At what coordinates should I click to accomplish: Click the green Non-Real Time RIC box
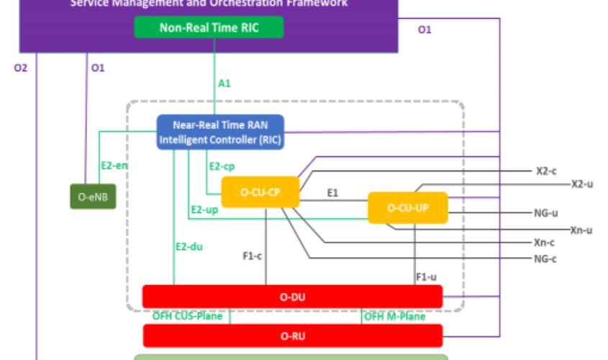point(209,27)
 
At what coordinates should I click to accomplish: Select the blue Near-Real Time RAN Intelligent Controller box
point(221,132)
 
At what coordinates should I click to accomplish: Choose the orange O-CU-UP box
point(408,207)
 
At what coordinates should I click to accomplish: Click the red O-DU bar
point(292,297)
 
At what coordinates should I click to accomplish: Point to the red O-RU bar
point(292,335)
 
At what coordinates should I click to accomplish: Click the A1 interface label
point(224,84)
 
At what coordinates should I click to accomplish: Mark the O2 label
point(21,68)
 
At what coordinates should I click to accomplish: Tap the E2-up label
point(204,210)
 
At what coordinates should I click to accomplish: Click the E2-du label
point(189,246)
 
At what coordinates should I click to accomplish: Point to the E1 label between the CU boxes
point(333,192)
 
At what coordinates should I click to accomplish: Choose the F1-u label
point(427,276)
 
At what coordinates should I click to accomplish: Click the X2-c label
point(548,171)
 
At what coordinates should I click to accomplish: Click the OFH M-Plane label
point(395,316)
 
